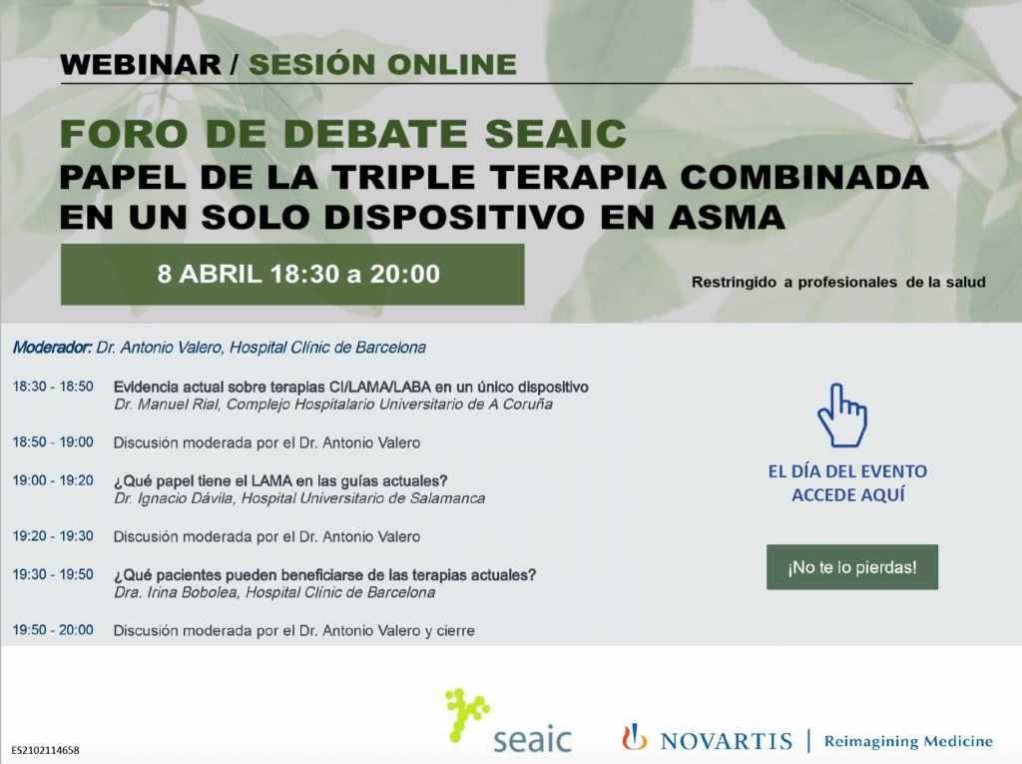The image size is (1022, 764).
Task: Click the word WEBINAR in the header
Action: [141, 65]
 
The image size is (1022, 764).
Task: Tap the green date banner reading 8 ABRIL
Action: [292, 274]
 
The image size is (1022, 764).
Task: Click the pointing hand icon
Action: [842, 414]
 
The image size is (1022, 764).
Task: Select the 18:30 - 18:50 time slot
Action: [53, 386]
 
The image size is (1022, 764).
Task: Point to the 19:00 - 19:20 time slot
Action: [53, 480]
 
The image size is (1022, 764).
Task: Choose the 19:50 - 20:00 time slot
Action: [53, 629]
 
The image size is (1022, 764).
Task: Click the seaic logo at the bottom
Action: [508, 720]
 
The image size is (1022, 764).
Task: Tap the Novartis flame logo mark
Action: [634, 737]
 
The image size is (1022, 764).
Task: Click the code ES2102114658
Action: [45, 750]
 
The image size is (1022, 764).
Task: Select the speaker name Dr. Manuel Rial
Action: [167, 404]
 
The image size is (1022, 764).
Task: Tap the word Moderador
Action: [52, 348]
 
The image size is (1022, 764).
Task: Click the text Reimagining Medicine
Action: [908, 741]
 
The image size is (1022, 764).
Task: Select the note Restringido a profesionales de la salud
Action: [838, 282]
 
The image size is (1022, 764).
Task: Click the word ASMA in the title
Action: [727, 218]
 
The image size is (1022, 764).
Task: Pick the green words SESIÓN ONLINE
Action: [382, 65]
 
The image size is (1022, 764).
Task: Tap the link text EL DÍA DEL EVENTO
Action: [847, 471]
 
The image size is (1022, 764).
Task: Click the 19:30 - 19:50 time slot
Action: [53, 574]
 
